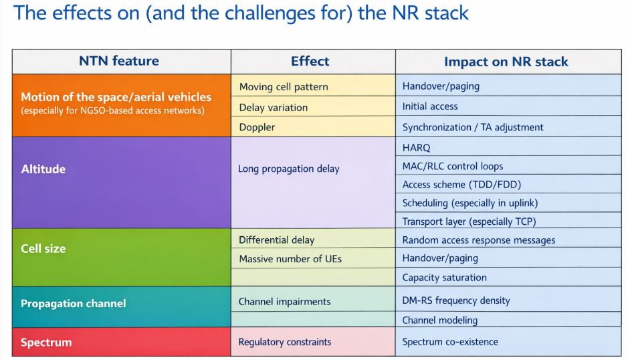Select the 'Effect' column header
click(310, 62)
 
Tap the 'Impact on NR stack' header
click(506, 62)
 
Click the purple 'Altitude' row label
click(43, 169)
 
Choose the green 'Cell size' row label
click(43, 248)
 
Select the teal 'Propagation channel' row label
click(73, 303)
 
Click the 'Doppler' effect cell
click(257, 127)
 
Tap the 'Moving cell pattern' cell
click(284, 86)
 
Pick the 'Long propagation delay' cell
click(289, 169)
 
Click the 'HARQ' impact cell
click(417, 147)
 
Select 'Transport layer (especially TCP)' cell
click(469, 221)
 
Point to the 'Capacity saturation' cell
click(444, 277)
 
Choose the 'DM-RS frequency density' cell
click(456, 300)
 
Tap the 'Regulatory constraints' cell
click(285, 342)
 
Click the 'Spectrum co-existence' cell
click(450, 342)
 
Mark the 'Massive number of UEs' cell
click(290, 258)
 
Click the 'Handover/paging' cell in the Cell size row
click(441, 258)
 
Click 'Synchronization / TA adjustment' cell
click(473, 127)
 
